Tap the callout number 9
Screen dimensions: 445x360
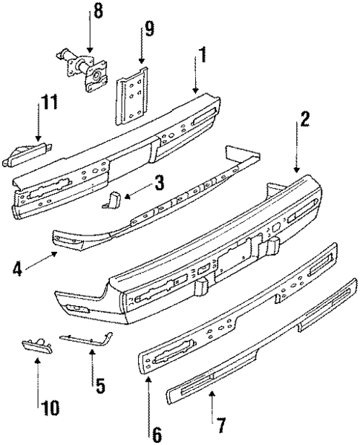tap(149, 30)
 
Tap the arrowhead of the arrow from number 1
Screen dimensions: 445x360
tap(196, 92)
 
